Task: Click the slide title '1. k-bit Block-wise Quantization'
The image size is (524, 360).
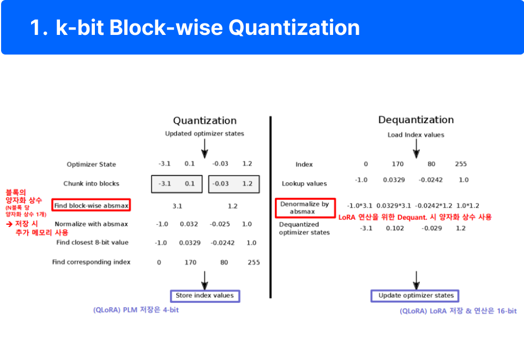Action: coord(195,28)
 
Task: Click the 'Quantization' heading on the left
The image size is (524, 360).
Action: coord(204,121)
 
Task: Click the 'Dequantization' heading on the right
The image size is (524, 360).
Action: coord(415,120)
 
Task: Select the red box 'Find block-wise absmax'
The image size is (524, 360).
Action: coord(91,206)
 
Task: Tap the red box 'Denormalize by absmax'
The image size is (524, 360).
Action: coord(305,207)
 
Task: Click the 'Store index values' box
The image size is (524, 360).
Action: coord(204,296)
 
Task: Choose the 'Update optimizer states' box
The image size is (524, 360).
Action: coord(415,296)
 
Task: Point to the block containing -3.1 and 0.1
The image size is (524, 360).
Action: coord(177,184)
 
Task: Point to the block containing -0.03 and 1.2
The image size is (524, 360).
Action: coord(233,184)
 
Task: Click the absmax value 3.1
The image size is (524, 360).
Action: coord(177,206)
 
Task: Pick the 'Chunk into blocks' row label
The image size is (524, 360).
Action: coord(91,183)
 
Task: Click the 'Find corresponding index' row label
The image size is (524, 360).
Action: coord(91,262)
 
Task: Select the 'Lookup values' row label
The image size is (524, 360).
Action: coord(304,183)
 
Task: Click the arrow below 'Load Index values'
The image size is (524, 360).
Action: coord(416,147)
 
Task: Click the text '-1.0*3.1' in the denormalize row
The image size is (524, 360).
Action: coord(359,206)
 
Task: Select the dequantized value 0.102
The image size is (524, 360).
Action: coord(395,228)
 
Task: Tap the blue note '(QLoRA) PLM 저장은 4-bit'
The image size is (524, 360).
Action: coord(136,310)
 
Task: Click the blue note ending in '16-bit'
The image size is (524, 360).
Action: coord(458,311)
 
